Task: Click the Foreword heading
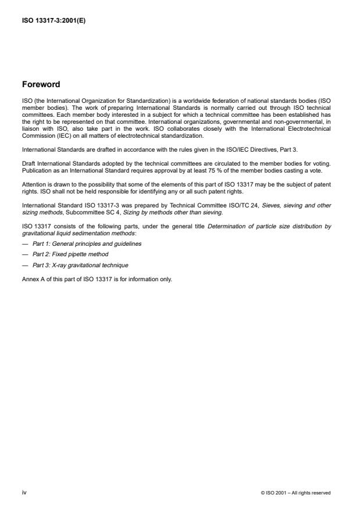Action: tap(41, 84)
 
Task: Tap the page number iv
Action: tap(25, 492)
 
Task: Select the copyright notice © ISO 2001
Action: tap(295, 493)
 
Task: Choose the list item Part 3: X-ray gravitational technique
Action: tap(80, 265)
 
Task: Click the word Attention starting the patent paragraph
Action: tap(33, 185)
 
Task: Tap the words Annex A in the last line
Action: tap(33, 278)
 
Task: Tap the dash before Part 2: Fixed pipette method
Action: tap(25, 254)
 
